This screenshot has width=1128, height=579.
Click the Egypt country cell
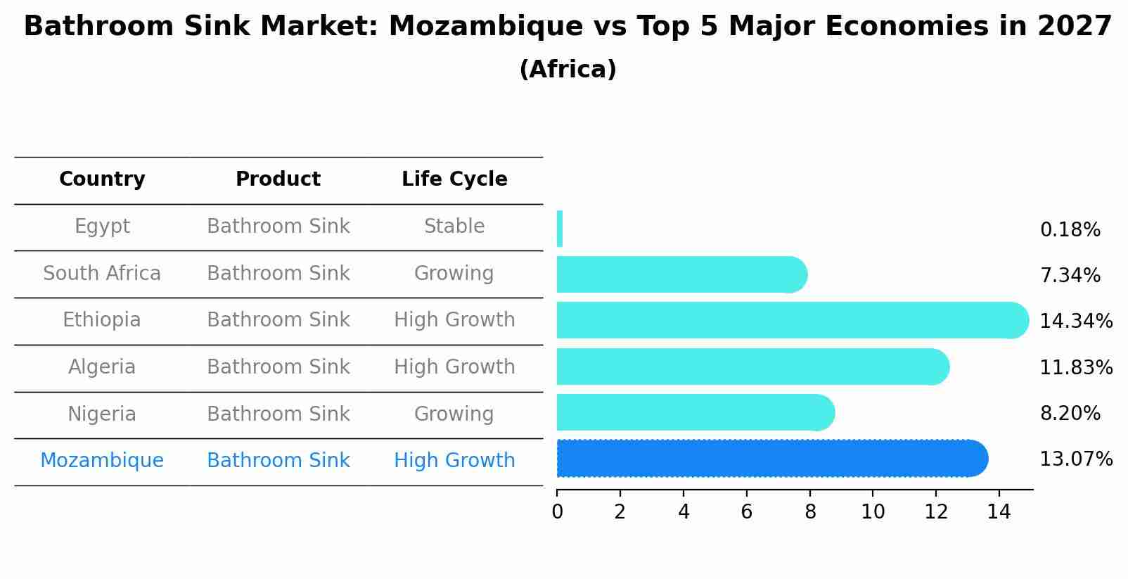point(102,227)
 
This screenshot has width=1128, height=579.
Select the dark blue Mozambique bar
point(770,459)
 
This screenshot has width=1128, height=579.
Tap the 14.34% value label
point(1075,322)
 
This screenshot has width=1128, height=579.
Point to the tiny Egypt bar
point(560,229)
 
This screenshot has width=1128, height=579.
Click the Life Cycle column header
point(454,179)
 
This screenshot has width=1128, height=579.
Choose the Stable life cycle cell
point(454,227)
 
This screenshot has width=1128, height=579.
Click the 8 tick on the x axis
point(810,511)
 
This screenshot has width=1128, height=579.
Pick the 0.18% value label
point(1070,230)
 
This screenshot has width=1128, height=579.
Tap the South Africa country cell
point(102,273)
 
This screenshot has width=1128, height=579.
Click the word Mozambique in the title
point(485,27)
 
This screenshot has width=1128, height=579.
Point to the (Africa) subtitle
point(568,69)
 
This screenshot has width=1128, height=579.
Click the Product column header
point(278,179)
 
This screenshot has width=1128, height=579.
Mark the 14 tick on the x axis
point(999,511)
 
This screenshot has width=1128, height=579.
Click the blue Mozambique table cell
point(102,461)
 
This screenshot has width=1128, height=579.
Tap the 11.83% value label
point(1075,367)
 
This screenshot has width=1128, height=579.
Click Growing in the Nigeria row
point(454,414)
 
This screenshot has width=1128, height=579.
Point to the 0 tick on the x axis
point(557,511)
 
